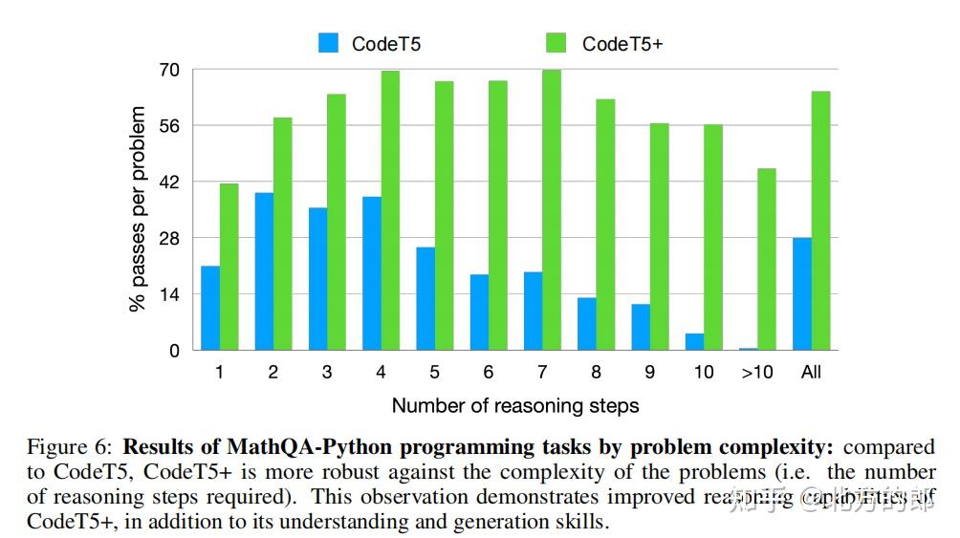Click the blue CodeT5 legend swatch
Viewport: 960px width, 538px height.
[x=329, y=43]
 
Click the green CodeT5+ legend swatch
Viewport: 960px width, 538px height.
[x=556, y=43]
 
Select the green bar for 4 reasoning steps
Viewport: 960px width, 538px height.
[x=390, y=210]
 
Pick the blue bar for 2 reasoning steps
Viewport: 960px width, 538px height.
[x=264, y=271]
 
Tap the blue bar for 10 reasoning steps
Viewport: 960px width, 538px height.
[x=694, y=341]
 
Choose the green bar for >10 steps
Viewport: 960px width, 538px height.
[x=767, y=259]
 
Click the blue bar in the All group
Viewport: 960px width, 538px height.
[x=802, y=293]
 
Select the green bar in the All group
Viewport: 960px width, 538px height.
[x=820, y=221]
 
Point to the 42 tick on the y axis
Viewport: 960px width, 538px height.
[x=168, y=182]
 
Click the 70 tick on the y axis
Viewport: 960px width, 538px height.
[x=168, y=70]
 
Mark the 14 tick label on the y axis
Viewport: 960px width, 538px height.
[x=168, y=294]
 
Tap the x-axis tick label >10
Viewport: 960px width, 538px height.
[x=756, y=372]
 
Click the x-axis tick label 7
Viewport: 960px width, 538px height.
[x=542, y=372]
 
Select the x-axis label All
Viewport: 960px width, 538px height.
[x=811, y=372]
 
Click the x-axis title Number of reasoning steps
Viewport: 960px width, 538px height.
[x=514, y=406]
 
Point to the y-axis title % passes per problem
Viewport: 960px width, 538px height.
[x=138, y=209]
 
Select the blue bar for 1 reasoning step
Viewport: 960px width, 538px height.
[x=210, y=308]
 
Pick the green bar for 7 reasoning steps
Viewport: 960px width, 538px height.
[x=552, y=210]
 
